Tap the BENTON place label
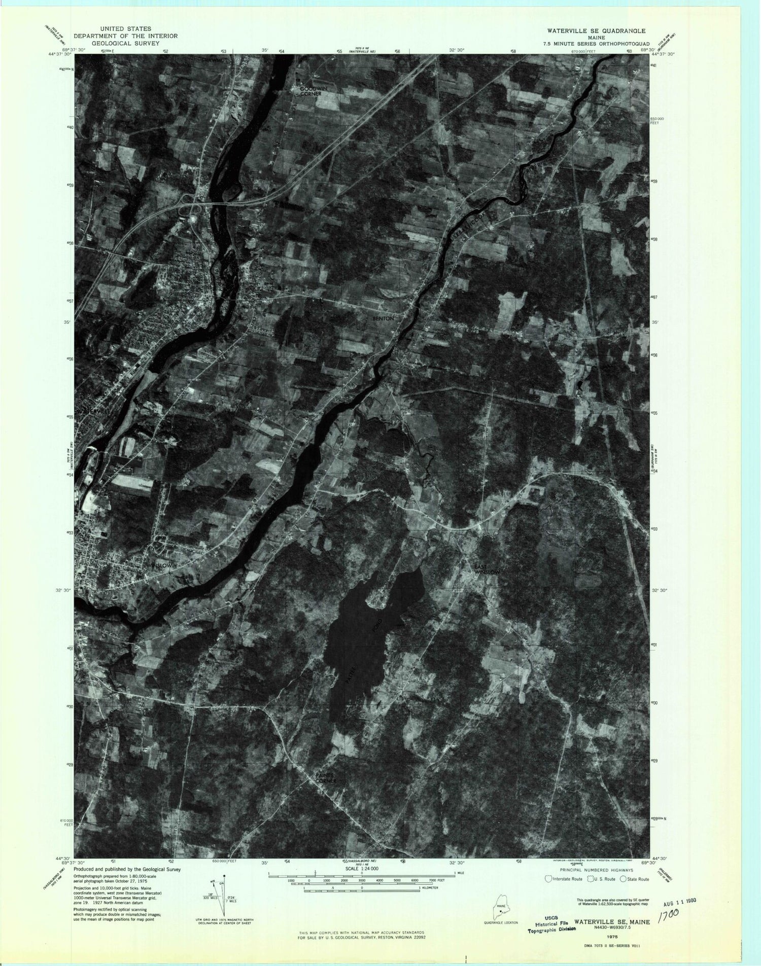pyautogui.click(x=383, y=318)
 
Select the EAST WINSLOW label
pyautogui.click(x=487, y=569)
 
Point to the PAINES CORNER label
pyautogui.click(x=326, y=792)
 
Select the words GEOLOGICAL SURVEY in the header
pyautogui.click(x=126, y=44)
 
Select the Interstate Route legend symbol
pyautogui.click(x=548, y=879)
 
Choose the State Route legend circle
pyautogui.click(x=624, y=879)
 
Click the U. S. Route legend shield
pyautogui.click(x=590, y=879)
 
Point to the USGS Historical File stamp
pyautogui.click(x=551, y=923)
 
